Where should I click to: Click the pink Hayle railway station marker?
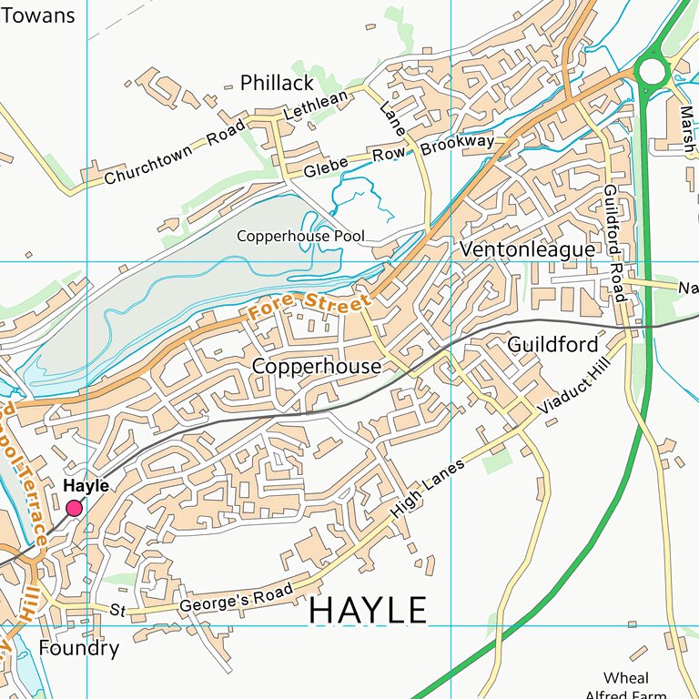(x=74, y=508)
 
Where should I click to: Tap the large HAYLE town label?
(x=368, y=611)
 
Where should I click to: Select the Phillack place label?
(x=277, y=84)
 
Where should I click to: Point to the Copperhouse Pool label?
(x=300, y=237)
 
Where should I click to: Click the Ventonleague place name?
(x=527, y=249)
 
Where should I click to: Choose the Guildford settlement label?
(x=552, y=345)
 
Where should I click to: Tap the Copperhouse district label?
(x=316, y=366)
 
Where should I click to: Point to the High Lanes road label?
(x=428, y=489)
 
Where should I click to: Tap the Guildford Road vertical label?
(x=615, y=243)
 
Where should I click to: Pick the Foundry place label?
(x=79, y=648)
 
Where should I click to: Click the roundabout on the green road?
(x=652, y=70)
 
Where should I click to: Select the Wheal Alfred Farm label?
(x=627, y=685)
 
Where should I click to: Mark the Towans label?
(x=37, y=15)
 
